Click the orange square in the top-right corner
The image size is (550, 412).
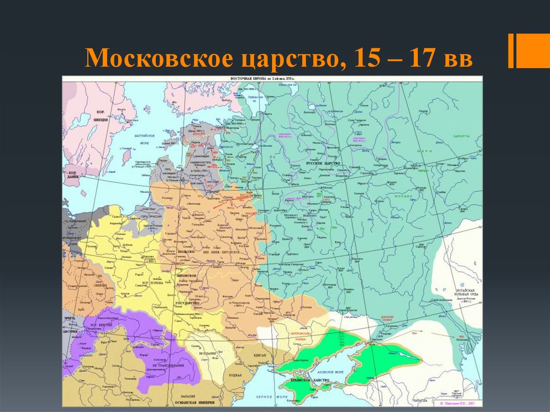[x=534, y=52]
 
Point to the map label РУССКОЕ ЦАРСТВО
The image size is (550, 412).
[x=321, y=162]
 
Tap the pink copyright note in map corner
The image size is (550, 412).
[x=460, y=402]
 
